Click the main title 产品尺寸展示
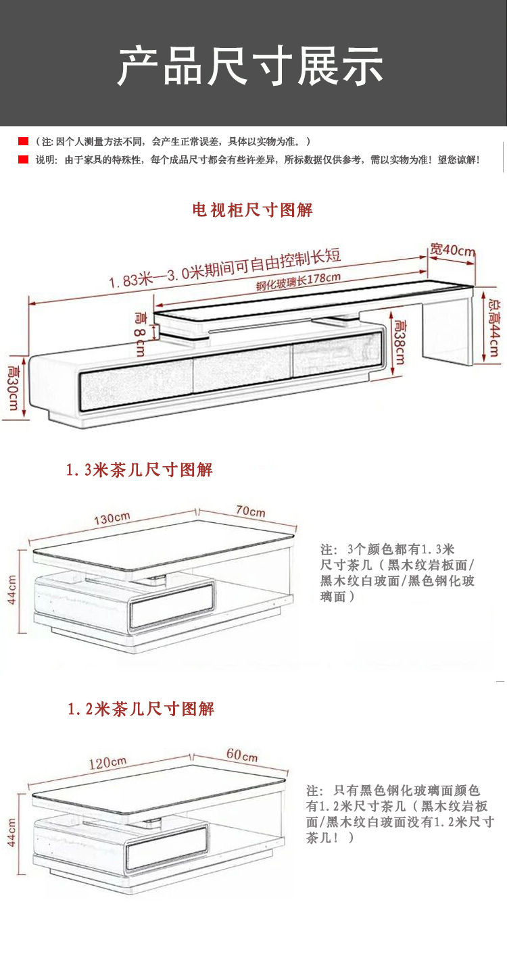point(251,66)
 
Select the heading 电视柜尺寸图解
point(253,210)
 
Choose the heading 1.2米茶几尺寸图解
point(141,709)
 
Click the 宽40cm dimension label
point(452,250)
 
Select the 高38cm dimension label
point(399,342)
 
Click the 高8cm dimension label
point(140,332)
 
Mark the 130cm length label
point(112,519)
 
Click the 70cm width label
point(250,511)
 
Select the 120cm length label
point(108,763)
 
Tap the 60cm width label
point(241,755)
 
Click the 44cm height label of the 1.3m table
point(12,590)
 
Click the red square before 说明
point(23,160)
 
